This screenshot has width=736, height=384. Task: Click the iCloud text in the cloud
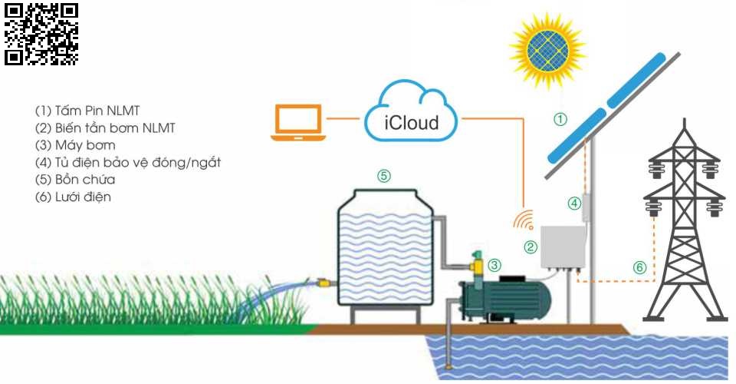click(x=412, y=122)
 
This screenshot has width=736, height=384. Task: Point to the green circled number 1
click(x=560, y=119)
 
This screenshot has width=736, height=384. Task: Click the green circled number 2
click(x=530, y=247)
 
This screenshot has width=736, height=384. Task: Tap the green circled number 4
click(x=574, y=204)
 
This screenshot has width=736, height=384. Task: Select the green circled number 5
click(x=384, y=175)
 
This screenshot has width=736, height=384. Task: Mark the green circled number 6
click(x=639, y=267)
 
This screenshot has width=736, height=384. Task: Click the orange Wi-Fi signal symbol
click(x=524, y=220)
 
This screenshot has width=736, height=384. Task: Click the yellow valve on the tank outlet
click(x=324, y=283)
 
